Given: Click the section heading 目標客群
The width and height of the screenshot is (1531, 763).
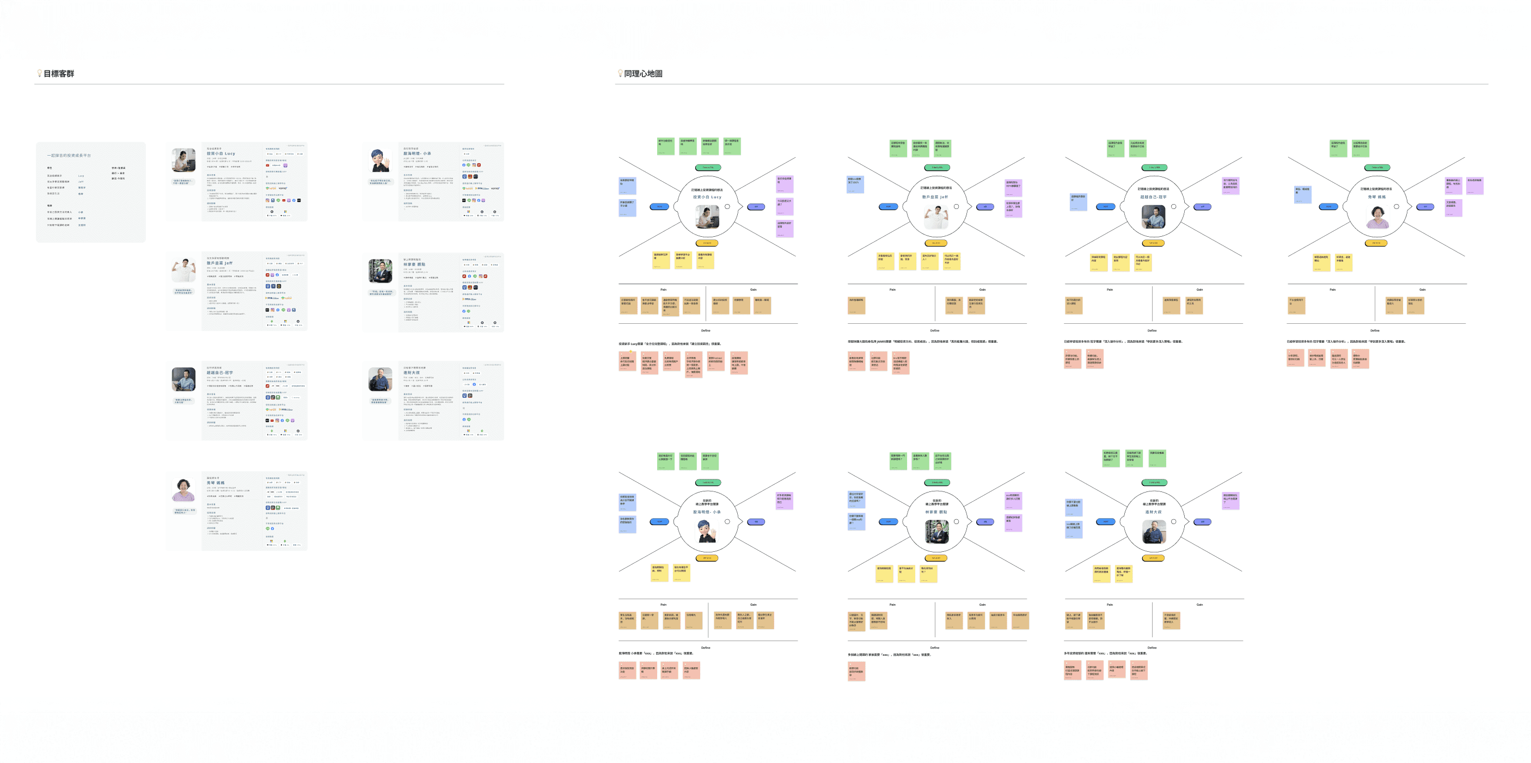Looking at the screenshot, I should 58,73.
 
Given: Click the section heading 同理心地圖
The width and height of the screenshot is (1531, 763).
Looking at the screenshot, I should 642,73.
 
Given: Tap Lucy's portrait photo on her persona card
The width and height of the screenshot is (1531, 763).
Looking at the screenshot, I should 183,161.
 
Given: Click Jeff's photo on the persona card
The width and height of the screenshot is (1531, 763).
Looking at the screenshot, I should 183,270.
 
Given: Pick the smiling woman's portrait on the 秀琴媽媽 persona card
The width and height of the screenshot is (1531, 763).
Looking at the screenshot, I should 183,490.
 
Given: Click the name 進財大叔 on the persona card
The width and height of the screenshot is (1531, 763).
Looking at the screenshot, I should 411,373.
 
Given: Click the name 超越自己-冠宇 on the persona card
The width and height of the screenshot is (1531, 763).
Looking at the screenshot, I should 219,373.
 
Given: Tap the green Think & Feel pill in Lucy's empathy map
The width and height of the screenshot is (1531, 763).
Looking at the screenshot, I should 707,168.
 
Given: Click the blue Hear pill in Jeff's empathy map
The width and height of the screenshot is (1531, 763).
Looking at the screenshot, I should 888,207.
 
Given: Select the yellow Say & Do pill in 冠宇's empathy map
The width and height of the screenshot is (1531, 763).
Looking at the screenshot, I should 1153,243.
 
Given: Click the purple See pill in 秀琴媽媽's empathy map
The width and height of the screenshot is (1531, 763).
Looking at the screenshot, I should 1425,207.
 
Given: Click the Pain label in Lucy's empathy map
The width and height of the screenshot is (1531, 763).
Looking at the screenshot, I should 663,290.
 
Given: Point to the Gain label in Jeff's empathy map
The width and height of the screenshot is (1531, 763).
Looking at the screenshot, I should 982,290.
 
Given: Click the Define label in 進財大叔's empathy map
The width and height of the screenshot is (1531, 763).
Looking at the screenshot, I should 1152,648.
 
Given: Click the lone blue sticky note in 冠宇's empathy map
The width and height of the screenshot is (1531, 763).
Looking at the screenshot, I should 1078,202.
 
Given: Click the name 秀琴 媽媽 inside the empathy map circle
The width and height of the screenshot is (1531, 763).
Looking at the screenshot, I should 1376,196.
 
